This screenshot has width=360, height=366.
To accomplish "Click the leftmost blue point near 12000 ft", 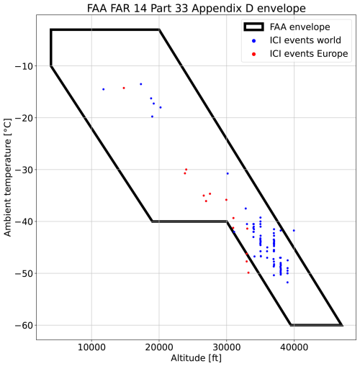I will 103,89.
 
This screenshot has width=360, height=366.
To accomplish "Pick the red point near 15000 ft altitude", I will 124,88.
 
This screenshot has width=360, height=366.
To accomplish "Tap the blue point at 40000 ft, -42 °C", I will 294,231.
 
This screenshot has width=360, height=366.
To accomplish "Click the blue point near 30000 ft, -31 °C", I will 228,173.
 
